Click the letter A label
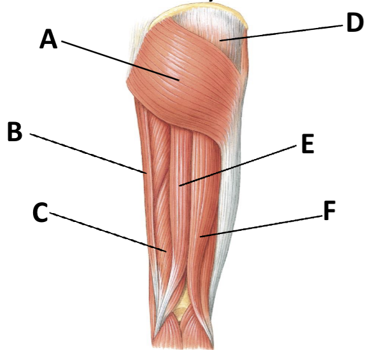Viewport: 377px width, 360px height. [48, 39]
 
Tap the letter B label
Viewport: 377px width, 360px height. [15, 131]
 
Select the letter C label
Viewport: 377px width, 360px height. [40, 212]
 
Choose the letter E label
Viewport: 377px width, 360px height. [308, 144]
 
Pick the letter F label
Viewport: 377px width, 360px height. [330, 211]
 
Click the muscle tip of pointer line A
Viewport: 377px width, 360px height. [179, 80]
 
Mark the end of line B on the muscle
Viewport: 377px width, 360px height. [146, 173]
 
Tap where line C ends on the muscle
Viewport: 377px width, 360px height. [166, 251]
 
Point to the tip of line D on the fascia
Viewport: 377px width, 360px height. [220, 41]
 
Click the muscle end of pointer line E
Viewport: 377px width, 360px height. [180, 186]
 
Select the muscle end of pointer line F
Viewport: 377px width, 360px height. [200, 237]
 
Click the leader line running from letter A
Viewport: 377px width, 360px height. [120, 60]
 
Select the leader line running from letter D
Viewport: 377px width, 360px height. [281, 32]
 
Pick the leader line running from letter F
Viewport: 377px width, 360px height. [262, 226]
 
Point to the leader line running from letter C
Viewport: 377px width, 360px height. [108, 232]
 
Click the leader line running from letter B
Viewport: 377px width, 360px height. [88, 153]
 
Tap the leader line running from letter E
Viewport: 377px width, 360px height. [238, 165]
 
